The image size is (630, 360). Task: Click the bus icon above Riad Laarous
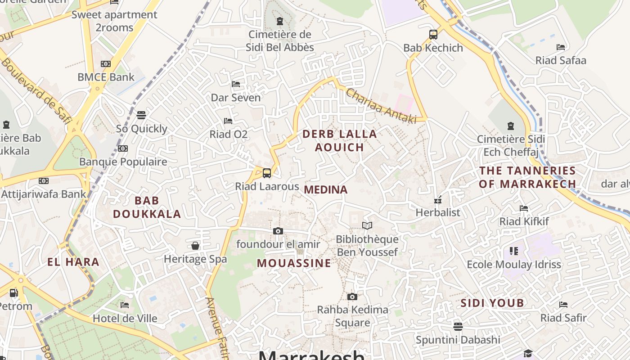pos(267,173)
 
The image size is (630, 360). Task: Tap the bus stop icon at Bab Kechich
pos(433,34)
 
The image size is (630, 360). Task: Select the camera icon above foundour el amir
pos(278,231)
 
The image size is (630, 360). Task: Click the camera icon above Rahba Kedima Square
pos(352,297)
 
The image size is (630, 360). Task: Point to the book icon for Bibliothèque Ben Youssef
pos(367,225)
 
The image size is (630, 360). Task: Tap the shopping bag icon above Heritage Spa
pos(195,245)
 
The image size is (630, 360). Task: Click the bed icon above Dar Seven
pos(235,84)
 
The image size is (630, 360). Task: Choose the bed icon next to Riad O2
pos(228,121)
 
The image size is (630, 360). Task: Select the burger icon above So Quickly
pos(141,115)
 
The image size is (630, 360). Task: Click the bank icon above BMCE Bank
pos(106,64)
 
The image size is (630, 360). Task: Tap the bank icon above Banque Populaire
pos(122,148)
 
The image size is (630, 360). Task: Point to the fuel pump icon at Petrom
pos(14,293)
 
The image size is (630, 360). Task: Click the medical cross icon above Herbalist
pos(437,200)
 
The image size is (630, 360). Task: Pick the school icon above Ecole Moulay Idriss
pos(513,251)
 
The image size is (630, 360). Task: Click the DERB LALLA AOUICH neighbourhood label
pos(339,140)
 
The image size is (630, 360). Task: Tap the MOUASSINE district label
pos(294,263)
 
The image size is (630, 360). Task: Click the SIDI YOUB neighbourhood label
pos(492,303)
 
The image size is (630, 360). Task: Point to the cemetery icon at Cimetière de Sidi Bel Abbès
pos(280,21)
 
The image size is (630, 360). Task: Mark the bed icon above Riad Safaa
pos(561,47)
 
